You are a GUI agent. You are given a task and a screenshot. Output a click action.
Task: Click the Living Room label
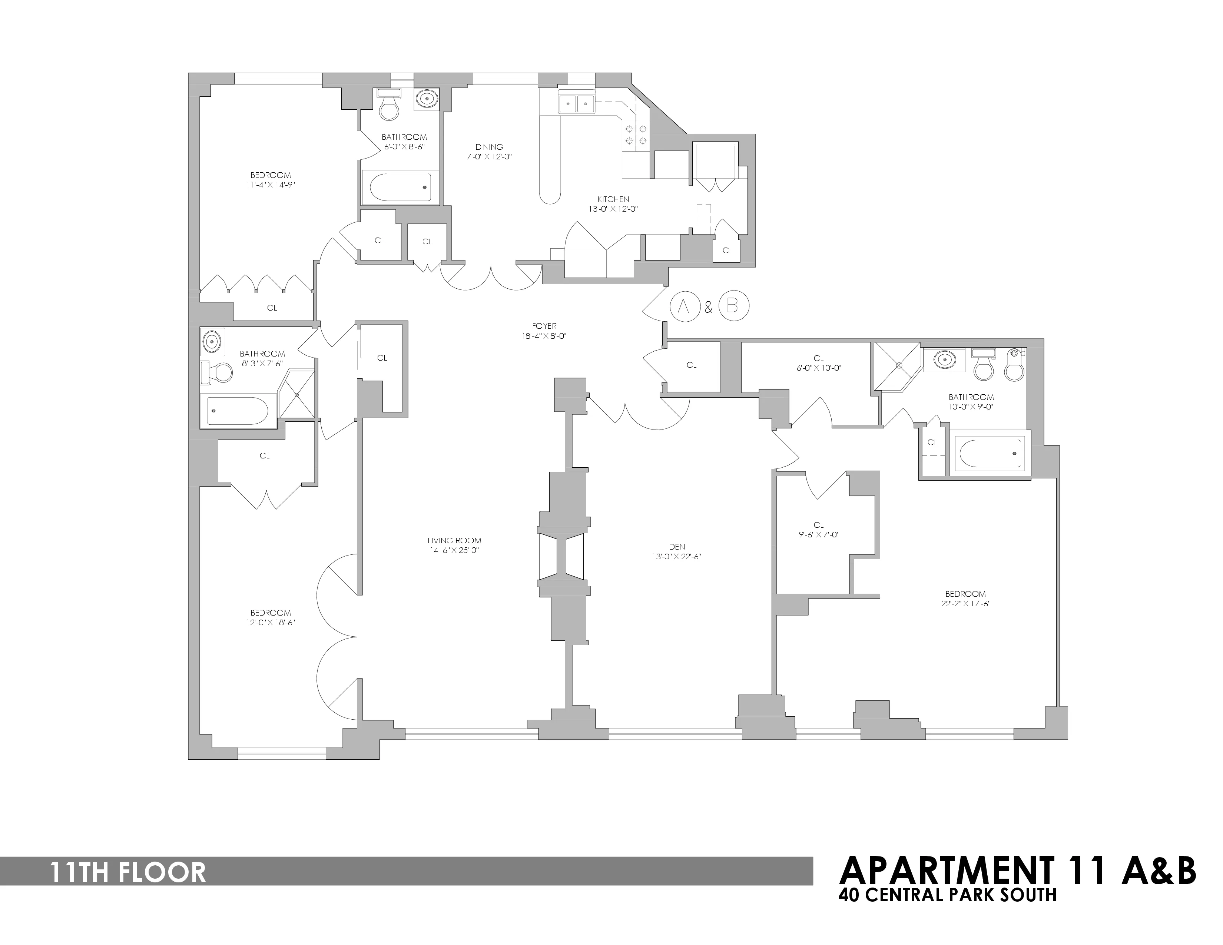point(454,540)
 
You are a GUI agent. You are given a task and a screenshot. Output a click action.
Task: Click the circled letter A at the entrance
point(684,306)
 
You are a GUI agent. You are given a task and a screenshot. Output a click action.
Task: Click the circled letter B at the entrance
point(733,306)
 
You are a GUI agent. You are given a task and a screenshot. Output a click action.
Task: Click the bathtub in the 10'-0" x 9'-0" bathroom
point(990,454)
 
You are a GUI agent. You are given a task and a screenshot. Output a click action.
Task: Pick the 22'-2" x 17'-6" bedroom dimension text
point(965,603)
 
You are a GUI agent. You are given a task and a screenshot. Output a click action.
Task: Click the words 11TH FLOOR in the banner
point(128,873)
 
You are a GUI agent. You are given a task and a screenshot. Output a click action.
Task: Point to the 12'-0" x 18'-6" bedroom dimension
point(271,622)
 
